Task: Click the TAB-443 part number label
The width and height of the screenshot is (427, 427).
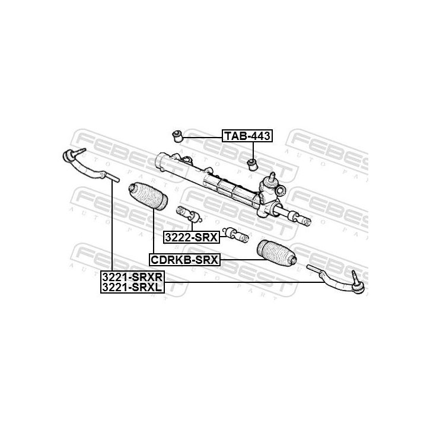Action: [247, 136]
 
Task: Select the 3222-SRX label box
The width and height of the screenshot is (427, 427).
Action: [192, 237]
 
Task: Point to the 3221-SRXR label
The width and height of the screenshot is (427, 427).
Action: [132, 277]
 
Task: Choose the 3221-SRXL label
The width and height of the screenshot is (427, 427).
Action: [132, 288]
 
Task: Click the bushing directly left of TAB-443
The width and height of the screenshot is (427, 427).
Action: [176, 135]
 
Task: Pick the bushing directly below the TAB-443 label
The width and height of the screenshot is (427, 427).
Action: [251, 162]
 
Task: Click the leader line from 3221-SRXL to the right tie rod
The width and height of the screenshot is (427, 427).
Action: [249, 283]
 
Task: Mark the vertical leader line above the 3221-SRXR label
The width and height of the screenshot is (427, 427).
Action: [111, 225]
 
